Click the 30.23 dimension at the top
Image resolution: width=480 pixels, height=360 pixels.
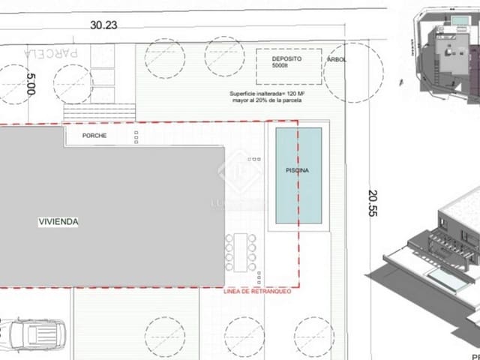[105, 25]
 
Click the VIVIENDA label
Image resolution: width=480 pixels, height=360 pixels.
[58, 222]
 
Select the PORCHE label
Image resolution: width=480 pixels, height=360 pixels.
[96, 136]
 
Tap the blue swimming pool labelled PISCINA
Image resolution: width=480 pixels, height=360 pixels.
[298, 176]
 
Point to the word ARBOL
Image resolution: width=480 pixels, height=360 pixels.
[337, 60]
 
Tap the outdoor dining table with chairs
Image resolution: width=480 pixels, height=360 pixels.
[240, 253]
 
